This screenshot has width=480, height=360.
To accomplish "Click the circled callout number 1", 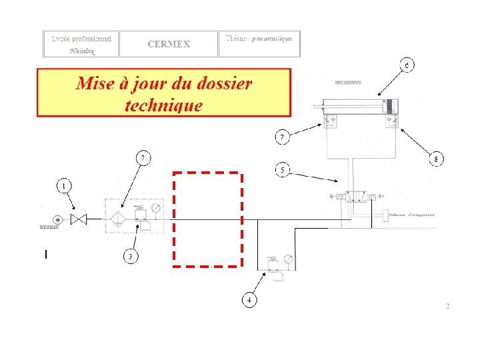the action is pos(64,186).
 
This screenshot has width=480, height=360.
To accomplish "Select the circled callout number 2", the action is pos(143,158).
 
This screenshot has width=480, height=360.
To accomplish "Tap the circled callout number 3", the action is pos(131,257).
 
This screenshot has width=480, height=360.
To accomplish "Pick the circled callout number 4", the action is pos(249,300).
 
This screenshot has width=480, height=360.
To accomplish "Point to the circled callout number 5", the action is pos(283,171).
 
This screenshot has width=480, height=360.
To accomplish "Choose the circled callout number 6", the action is pos(407,65).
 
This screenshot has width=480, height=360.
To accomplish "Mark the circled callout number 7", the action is pos(283,137).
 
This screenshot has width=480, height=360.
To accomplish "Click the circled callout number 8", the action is pos(436,159).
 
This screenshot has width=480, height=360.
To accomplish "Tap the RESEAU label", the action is pos(51,227).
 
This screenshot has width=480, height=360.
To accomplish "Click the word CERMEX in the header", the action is pos(169,45).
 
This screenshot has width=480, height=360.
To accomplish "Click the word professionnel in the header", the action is pos(95,38).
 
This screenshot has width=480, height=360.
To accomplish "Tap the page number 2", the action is pos(447,306).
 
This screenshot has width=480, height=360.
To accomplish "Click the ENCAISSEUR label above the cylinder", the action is pos(347,83).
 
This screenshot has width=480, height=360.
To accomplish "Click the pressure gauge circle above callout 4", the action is pos(288,259).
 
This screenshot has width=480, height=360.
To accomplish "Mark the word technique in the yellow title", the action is pos(163,105).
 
